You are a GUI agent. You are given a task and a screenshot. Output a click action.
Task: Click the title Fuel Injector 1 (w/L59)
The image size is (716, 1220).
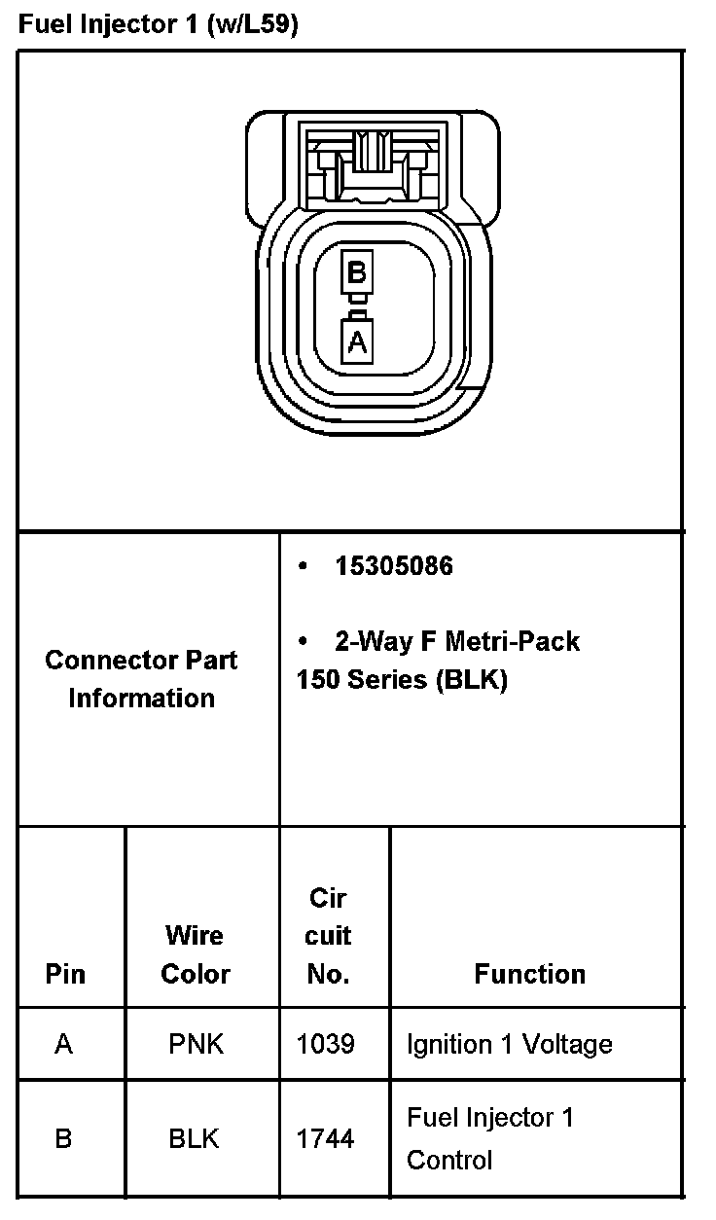point(159,24)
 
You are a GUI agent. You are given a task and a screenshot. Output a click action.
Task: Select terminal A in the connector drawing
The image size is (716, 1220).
point(357,341)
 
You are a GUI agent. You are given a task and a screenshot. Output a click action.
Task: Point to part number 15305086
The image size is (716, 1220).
point(393,566)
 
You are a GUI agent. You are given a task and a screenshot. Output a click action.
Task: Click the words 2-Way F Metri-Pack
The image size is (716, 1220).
point(456,641)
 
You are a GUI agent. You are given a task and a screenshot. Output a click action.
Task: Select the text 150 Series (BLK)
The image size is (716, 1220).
point(402,679)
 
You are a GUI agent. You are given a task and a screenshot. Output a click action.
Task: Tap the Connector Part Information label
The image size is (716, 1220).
point(141,678)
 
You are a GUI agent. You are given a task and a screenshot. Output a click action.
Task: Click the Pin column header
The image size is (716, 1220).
point(65,974)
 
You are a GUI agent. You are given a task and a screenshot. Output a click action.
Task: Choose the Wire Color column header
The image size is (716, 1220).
point(196,954)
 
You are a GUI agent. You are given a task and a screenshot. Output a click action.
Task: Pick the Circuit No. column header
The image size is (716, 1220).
point(328,935)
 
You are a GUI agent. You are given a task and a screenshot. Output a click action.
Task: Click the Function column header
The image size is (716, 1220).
point(530,974)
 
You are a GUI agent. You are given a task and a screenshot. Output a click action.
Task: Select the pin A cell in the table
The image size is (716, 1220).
point(64,1045)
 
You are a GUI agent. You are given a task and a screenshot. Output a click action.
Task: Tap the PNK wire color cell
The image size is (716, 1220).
point(196,1045)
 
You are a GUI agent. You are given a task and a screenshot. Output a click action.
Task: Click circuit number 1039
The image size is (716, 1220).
point(325,1045)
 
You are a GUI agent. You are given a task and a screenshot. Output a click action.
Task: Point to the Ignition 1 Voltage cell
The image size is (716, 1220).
point(509,1045)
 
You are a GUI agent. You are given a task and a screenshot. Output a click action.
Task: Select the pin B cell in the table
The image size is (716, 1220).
point(64,1138)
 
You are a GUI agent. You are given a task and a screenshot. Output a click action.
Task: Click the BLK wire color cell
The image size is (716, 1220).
point(195,1138)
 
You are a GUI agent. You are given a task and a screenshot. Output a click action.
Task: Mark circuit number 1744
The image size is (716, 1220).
point(325,1138)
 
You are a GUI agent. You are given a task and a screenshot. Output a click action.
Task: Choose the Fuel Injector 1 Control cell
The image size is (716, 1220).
point(490,1138)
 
